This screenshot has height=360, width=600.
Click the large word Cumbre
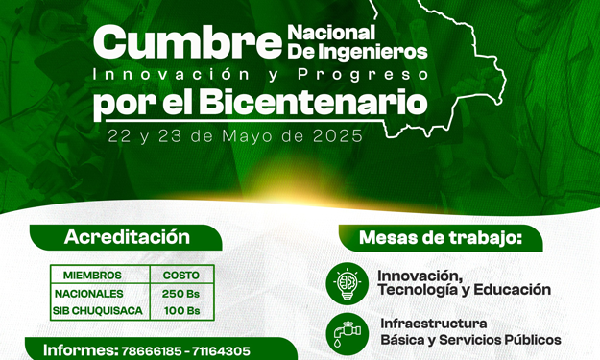click(188, 43)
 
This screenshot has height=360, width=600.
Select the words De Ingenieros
click(357, 51)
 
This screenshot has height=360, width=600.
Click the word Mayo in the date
click(252, 135)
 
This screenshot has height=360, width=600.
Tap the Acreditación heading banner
click(127, 237)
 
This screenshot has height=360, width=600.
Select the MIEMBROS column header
click(92, 276)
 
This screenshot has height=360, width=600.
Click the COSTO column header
click(181, 276)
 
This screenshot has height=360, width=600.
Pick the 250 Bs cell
click(181, 293)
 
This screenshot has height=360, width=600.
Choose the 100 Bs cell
click(181, 311)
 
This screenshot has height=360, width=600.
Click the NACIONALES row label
click(89, 293)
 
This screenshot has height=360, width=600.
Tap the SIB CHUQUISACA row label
click(97, 311)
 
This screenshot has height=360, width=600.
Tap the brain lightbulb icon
click(347, 281)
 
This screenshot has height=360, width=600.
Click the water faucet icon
click(347, 332)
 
